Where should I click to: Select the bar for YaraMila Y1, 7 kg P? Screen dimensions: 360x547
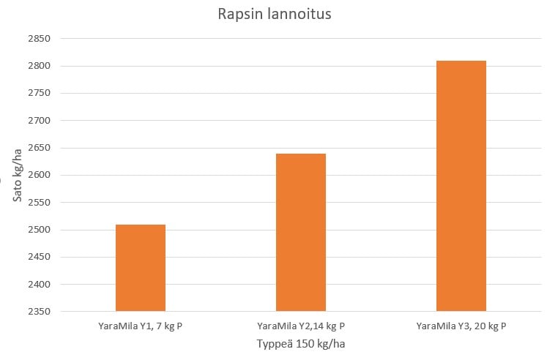click(141, 268)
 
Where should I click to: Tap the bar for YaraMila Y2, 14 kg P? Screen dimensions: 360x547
click(301, 233)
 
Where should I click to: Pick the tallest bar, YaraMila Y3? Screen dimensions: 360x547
click(461, 186)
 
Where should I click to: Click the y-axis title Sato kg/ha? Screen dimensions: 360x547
click(16, 176)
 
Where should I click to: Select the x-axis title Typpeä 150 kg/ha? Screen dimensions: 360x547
click(300, 343)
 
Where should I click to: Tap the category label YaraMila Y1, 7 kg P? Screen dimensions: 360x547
click(141, 326)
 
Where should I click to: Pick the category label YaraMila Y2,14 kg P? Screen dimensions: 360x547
click(301, 326)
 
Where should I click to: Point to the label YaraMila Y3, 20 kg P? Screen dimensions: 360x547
click(461, 326)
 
